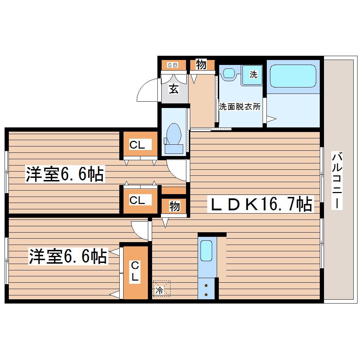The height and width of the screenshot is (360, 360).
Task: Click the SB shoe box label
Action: tap(173, 65)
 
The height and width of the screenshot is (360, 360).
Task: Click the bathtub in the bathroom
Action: tap(293, 76)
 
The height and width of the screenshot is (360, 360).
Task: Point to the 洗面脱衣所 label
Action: tap(240, 107)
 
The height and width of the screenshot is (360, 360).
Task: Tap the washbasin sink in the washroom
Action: tap(229, 73)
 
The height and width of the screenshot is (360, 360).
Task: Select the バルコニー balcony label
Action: tap(337, 180)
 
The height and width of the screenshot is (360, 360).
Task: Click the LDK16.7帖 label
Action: tap(261, 204)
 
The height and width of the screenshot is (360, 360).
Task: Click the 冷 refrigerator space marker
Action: tap(160, 291)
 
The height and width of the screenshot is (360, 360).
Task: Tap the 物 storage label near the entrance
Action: tap(201, 65)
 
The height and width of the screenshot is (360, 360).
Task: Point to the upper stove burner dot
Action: tap(206, 286)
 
